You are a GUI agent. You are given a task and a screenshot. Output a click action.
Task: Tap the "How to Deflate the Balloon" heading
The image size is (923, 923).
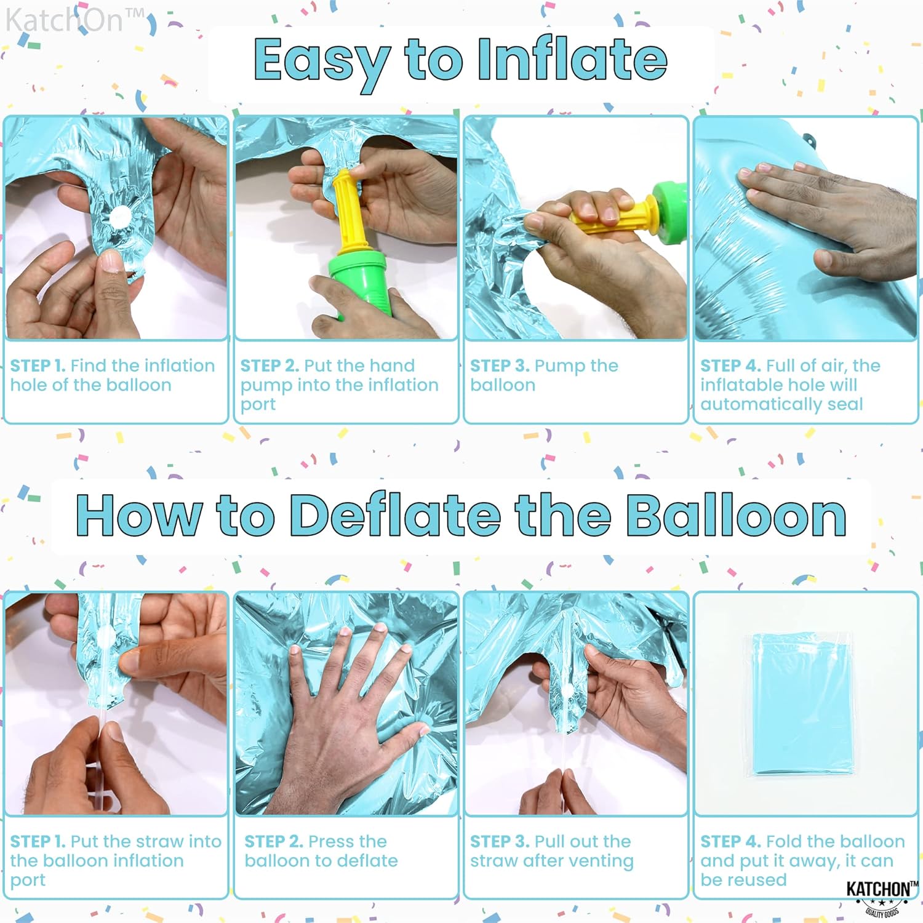coord(461,516)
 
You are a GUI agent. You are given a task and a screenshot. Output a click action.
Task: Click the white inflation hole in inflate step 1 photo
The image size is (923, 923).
coord(119,217)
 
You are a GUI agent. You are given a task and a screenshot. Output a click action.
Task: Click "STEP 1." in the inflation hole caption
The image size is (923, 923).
coord(38,366)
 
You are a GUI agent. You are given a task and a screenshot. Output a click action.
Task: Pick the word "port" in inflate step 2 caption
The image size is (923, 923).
coord(258,405)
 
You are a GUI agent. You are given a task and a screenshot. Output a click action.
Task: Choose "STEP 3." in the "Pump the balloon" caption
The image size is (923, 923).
coord(500,366)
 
